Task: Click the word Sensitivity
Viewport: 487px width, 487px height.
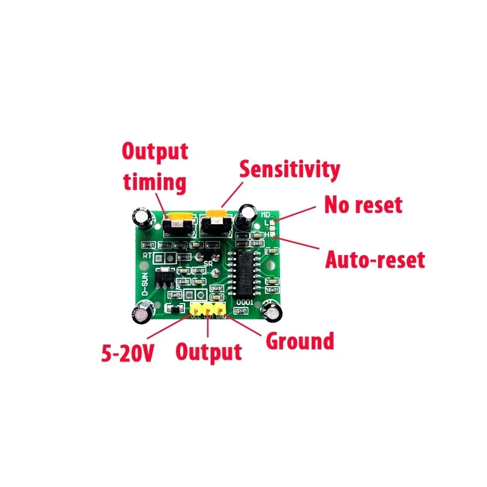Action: pyautogui.click(x=289, y=169)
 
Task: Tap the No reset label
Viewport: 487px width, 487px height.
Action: pyautogui.click(x=363, y=205)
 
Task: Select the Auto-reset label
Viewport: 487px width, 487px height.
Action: pyautogui.click(x=374, y=260)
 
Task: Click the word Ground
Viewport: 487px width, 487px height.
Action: pyautogui.click(x=300, y=341)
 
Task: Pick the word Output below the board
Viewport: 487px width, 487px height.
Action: pyautogui.click(x=209, y=351)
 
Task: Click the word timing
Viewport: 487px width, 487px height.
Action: pyautogui.click(x=155, y=182)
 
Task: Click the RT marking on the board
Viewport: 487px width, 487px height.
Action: pyautogui.click(x=147, y=256)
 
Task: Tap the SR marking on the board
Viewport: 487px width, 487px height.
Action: pyautogui.click(x=208, y=264)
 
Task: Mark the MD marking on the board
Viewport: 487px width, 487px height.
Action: pyautogui.click(x=265, y=214)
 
